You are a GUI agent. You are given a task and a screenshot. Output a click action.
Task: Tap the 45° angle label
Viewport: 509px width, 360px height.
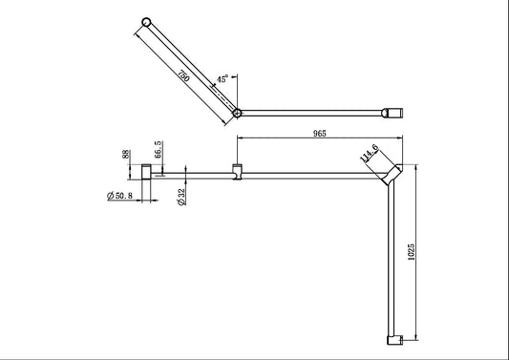(223, 80)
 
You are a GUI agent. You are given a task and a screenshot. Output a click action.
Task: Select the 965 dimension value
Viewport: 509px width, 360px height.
(319, 134)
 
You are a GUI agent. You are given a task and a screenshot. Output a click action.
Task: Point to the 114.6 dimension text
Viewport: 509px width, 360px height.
(370, 156)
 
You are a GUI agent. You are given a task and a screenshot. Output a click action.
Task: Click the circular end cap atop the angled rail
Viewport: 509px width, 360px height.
(145, 22)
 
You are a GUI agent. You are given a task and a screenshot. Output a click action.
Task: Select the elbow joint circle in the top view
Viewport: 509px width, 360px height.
(237, 113)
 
